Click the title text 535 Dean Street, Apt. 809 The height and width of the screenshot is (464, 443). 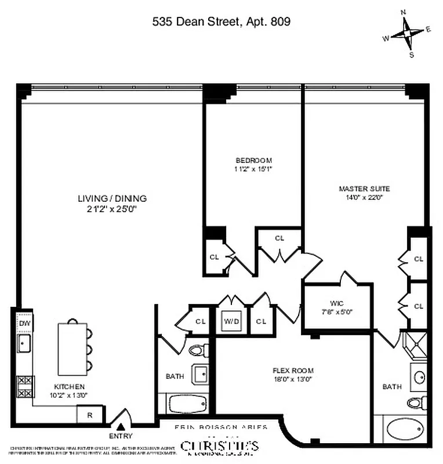point(221,21)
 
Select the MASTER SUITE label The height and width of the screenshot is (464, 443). point(364,188)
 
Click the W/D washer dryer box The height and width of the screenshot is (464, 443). point(231,321)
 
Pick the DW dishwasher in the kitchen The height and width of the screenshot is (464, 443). point(24,323)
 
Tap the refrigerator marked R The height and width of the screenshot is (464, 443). point(90,415)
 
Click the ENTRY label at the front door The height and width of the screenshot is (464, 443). point(120,436)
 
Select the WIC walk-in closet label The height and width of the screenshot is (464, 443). point(337,303)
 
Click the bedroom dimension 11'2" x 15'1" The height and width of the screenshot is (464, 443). point(253,169)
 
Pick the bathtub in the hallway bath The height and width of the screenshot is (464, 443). point(186,403)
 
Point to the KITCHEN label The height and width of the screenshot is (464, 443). point(70,387)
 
